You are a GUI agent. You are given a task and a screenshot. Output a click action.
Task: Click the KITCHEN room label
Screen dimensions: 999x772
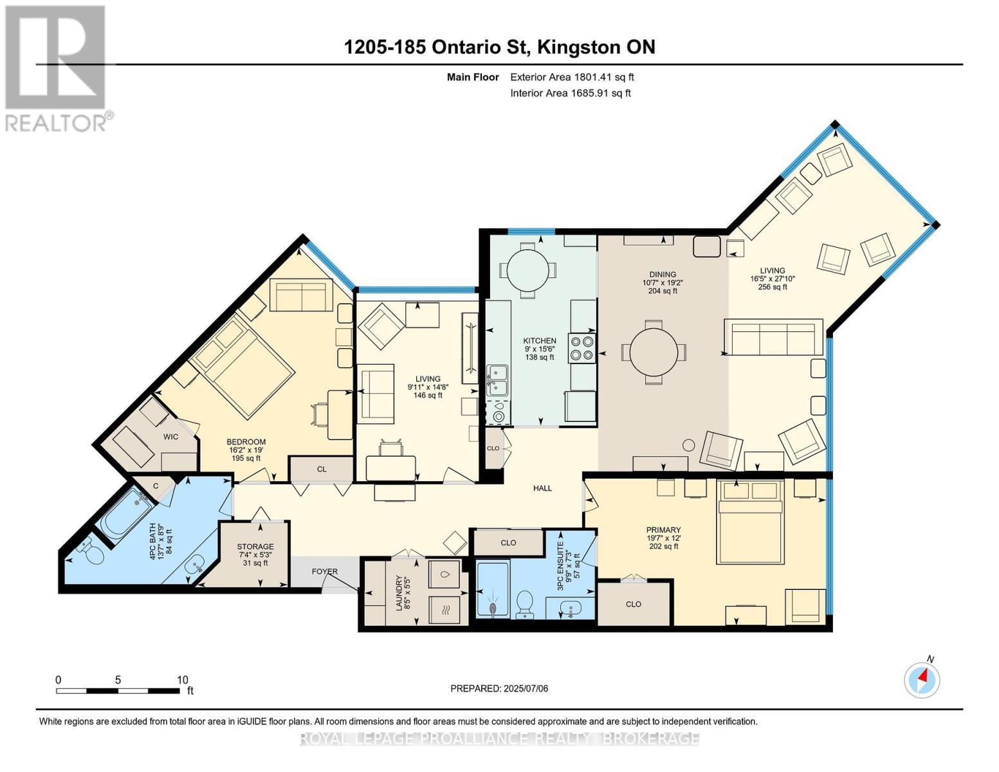(540, 341)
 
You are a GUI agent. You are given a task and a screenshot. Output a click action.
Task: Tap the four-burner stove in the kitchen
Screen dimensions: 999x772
(582, 348)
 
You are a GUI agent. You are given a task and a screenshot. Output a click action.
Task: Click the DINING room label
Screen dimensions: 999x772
(663, 275)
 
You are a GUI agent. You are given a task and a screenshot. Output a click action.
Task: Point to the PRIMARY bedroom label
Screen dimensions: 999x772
(663, 529)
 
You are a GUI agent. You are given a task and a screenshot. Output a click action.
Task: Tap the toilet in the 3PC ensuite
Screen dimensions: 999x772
(524, 603)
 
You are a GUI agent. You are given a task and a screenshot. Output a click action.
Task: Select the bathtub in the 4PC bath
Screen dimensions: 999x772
(127, 513)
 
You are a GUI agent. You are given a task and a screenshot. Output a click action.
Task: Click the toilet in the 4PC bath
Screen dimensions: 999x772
(91, 552)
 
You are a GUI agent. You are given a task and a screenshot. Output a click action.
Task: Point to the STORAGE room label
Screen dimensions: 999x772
(255, 547)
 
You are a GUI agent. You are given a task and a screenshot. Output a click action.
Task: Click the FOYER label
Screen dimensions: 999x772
(325, 571)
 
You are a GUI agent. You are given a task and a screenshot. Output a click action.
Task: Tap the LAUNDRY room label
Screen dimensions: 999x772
(399, 593)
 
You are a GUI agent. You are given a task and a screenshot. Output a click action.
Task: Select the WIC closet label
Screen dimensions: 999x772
(170, 437)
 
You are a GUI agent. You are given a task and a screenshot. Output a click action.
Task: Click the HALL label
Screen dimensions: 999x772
(542, 488)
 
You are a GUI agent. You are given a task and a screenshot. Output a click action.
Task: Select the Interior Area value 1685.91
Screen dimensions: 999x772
(589, 93)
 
